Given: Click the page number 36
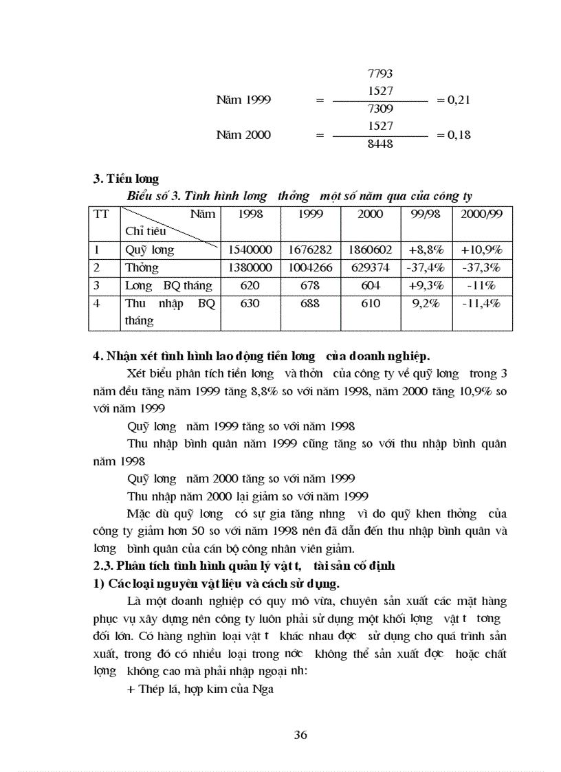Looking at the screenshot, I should coord(300,734).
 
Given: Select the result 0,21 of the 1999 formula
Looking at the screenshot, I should coord(454,100).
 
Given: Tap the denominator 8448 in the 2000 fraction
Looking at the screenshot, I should coord(380,145).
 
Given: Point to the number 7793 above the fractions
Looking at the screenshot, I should coord(380,74).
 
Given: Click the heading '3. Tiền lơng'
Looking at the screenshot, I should coord(126,179).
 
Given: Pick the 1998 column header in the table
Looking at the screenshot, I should coord(250,214).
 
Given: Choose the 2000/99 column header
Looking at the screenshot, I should coord(482,214).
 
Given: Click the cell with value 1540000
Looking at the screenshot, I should coord(250,250).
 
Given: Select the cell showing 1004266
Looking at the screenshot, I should coord(311,268).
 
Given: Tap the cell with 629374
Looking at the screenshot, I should coord(371,268).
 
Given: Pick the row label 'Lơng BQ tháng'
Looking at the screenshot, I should coord(168,286).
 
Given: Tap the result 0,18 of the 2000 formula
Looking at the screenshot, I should coord(454,135).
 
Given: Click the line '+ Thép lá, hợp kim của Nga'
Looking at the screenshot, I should coord(201,688).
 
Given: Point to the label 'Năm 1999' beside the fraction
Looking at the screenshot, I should coord(243,100).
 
